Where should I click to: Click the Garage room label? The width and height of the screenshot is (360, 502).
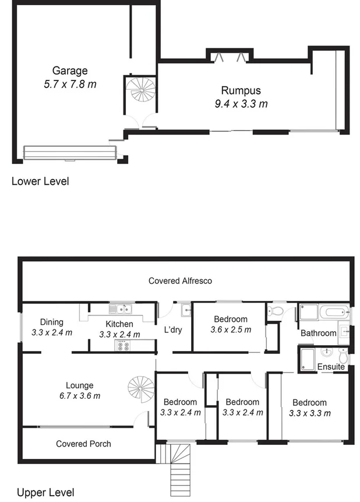(x=70, y=71)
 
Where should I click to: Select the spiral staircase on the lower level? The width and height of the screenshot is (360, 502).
(x=140, y=89)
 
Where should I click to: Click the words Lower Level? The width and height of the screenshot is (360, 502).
(x=40, y=181)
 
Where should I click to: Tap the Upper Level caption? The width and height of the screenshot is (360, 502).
(x=45, y=493)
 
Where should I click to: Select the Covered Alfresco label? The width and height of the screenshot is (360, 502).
(x=180, y=280)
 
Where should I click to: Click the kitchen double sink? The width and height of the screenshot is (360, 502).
(x=123, y=310)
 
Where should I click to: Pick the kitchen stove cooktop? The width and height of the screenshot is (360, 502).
(x=123, y=345)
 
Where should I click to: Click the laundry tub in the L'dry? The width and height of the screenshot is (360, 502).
(x=185, y=310)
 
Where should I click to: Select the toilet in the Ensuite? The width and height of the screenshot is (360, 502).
(x=344, y=355)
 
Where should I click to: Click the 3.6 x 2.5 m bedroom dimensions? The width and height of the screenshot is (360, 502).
(x=231, y=329)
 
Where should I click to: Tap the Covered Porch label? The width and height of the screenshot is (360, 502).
(x=83, y=444)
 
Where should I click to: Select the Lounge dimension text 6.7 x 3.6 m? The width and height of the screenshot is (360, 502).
(x=79, y=396)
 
